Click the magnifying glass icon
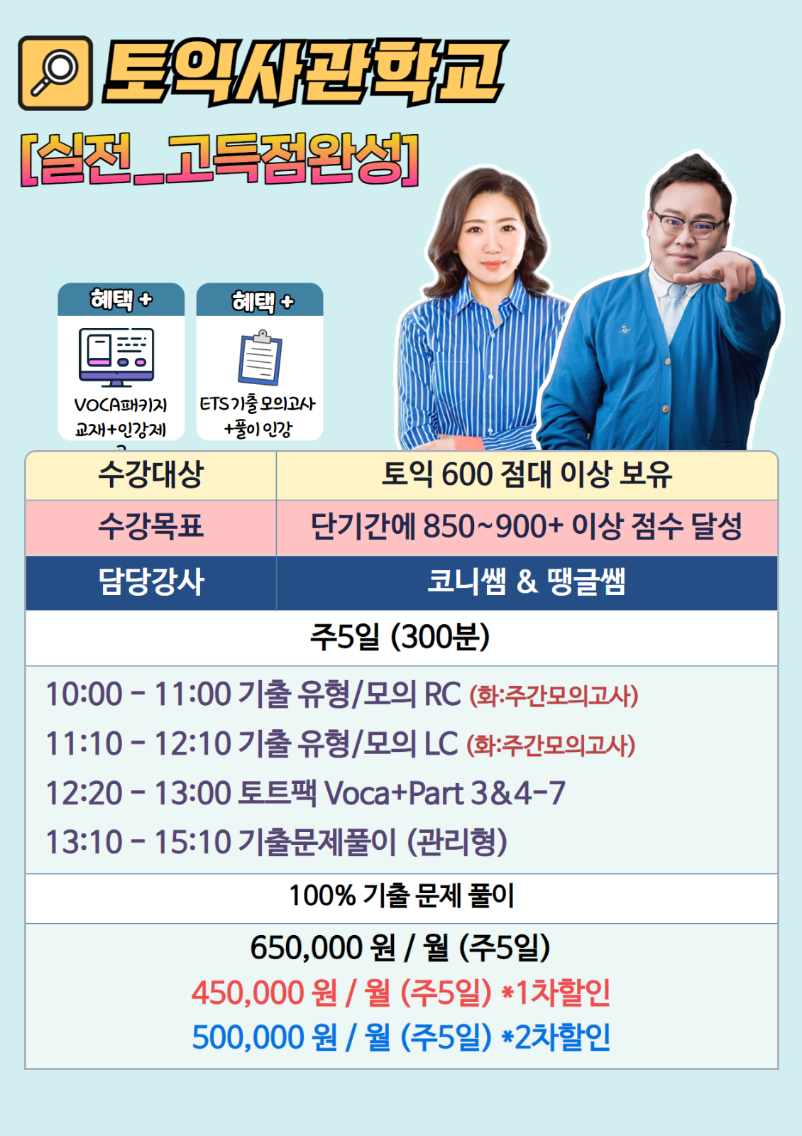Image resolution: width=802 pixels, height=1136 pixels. (55, 72)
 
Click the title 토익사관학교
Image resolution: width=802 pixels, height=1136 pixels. (305, 72)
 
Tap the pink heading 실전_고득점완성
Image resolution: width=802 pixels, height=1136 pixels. (219, 160)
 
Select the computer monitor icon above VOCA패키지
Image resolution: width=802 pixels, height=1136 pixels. (116, 357)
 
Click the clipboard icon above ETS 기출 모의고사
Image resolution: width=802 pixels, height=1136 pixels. (260, 358)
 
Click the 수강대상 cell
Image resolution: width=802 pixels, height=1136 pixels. (150, 475)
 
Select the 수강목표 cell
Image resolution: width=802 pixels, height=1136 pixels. (150, 527)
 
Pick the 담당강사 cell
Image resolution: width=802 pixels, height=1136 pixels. (150, 582)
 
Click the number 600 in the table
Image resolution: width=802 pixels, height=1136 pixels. (467, 475)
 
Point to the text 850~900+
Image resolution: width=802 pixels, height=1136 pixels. (493, 526)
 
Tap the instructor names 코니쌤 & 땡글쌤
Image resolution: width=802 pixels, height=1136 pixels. (526, 581)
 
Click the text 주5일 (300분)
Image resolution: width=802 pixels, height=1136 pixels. (400, 636)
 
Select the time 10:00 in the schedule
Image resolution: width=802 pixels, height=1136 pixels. (84, 694)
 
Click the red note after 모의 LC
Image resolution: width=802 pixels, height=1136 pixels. (551, 745)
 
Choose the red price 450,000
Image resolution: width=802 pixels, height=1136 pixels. (248, 993)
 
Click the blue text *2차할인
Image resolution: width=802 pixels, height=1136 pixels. (556, 1037)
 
